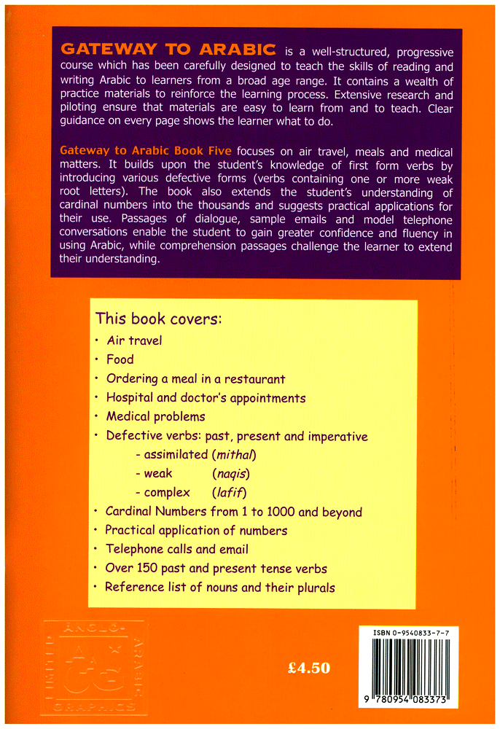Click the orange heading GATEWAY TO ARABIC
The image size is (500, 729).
click(168, 50)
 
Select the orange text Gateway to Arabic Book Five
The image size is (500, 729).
click(146, 152)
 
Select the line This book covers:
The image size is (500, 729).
click(158, 319)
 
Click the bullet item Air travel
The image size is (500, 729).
click(134, 340)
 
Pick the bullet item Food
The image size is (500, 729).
click(120, 359)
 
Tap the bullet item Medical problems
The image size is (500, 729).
click(155, 417)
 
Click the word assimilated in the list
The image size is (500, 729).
click(175, 456)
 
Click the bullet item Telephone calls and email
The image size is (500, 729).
click(177, 550)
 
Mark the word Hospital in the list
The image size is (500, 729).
click(130, 398)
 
